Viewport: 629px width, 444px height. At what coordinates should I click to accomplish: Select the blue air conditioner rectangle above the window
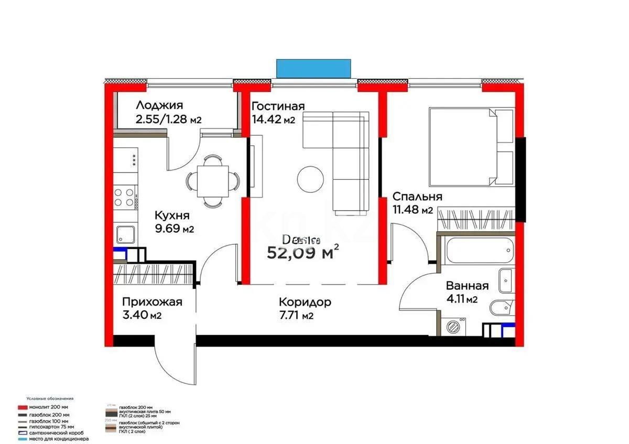[x=313, y=68]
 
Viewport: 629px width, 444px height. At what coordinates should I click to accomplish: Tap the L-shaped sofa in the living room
[x=341, y=152]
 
